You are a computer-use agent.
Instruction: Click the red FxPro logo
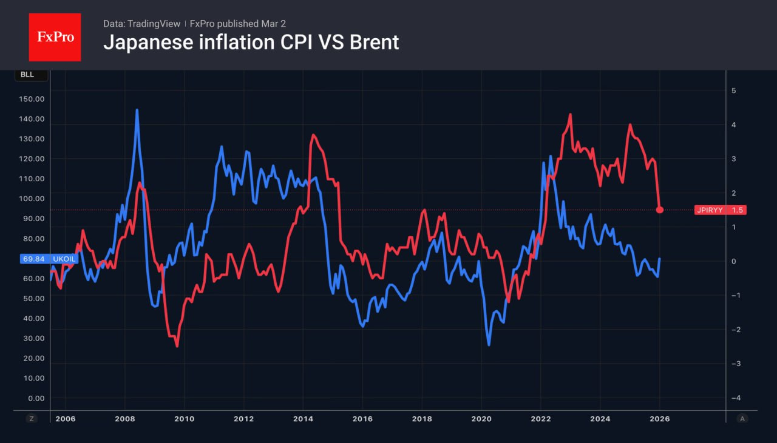point(55,37)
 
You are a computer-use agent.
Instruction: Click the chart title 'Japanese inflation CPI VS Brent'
point(251,42)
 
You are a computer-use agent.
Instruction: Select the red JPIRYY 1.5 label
point(720,210)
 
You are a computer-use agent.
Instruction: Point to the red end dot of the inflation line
point(660,210)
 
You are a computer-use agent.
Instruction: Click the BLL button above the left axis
point(27,75)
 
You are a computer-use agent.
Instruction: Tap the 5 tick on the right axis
point(733,90)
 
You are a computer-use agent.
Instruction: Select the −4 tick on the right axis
point(735,398)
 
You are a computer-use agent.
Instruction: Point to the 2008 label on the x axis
point(125,418)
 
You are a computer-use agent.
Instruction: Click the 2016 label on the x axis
point(362,418)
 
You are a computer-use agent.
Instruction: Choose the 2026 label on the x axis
point(659,418)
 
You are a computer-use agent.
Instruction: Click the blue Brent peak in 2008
point(137,110)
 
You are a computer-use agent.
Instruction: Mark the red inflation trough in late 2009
point(177,346)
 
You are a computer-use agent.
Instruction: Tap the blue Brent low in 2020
point(489,345)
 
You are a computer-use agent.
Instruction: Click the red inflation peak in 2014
point(313,135)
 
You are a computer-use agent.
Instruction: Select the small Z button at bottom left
point(32,418)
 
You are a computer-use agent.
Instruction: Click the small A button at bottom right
point(742,418)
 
